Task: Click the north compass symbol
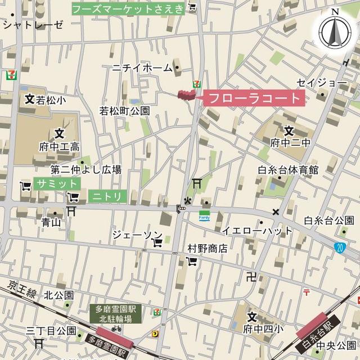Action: (x=335, y=31)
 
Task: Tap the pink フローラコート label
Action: (x=254, y=98)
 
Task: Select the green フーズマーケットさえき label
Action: (x=129, y=8)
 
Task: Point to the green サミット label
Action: (x=57, y=184)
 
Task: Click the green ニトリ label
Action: (x=107, y=196)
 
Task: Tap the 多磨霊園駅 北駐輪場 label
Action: (x=116, y=314)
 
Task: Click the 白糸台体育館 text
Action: (x=288, y=170)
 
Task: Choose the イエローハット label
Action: (x=256, y=231)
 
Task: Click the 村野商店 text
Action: (x=208, y=247)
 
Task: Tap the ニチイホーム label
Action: (x=142, y=68)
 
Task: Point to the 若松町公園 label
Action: (x=125, y=111)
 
